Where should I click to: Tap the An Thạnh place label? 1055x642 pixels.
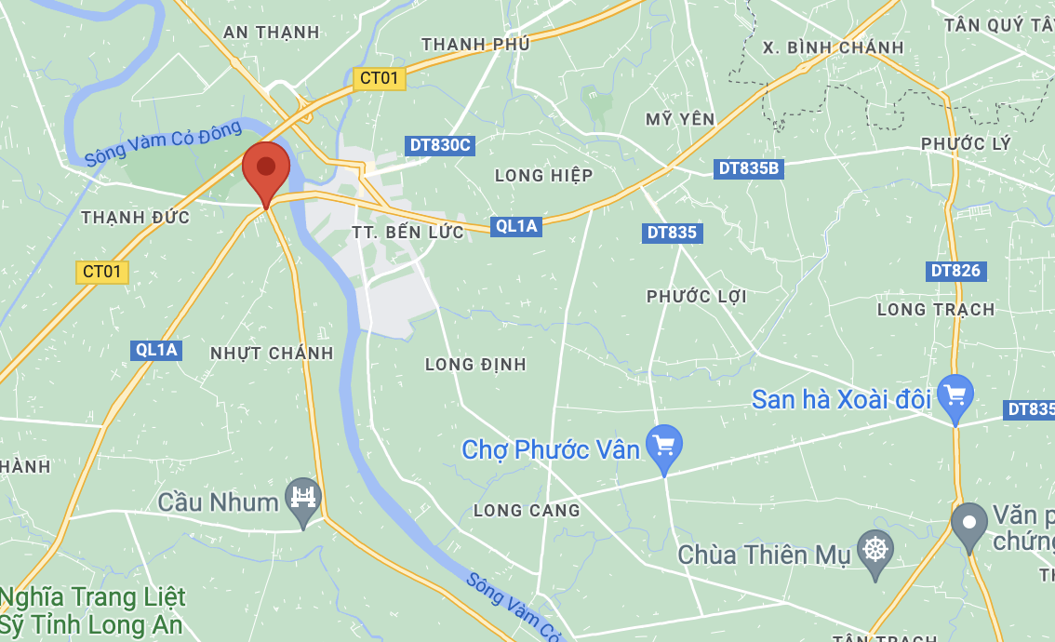[272, 33]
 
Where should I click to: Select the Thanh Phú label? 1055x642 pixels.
[475, 44]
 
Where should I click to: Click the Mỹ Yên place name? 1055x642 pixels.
[680, 118]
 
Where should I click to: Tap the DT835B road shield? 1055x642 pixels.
[749, 168]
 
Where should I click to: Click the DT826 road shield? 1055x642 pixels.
[956, 271]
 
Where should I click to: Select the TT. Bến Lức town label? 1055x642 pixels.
[407, 232]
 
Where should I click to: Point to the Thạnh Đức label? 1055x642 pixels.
[136, 218]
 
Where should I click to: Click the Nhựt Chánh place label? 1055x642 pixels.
[272, 354]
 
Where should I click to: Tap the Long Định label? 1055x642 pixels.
[475, 364]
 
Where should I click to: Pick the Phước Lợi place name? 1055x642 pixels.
[697, 296]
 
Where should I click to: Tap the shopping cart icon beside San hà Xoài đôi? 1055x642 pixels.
[955, 395]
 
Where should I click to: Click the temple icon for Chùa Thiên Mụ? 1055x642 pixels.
[875, 550]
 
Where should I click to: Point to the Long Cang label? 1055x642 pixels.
[527, 510]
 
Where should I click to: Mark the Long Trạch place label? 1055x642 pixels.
[936, 309]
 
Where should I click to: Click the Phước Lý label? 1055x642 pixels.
[966, 144]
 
